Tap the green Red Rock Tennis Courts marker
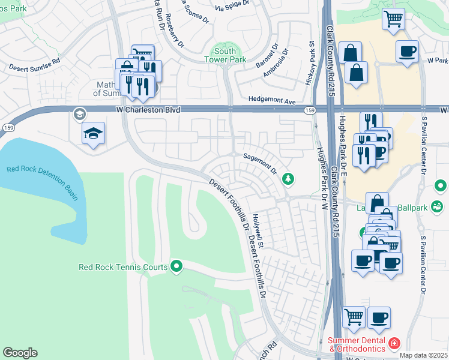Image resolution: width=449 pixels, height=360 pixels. point(176,265)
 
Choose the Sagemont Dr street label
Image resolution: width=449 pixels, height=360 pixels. point(259,162)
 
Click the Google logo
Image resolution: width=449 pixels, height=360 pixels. point(20,353)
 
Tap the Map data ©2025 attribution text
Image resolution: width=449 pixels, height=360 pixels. point(423,355)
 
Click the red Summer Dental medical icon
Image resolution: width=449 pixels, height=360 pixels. point(394,344)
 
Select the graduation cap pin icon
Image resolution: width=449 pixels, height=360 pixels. point(94,133)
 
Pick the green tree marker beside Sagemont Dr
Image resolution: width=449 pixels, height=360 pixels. point(289,178)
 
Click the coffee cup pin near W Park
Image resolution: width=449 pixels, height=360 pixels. point(408,51)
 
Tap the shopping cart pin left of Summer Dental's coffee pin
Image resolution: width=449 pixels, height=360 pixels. point(354,316)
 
